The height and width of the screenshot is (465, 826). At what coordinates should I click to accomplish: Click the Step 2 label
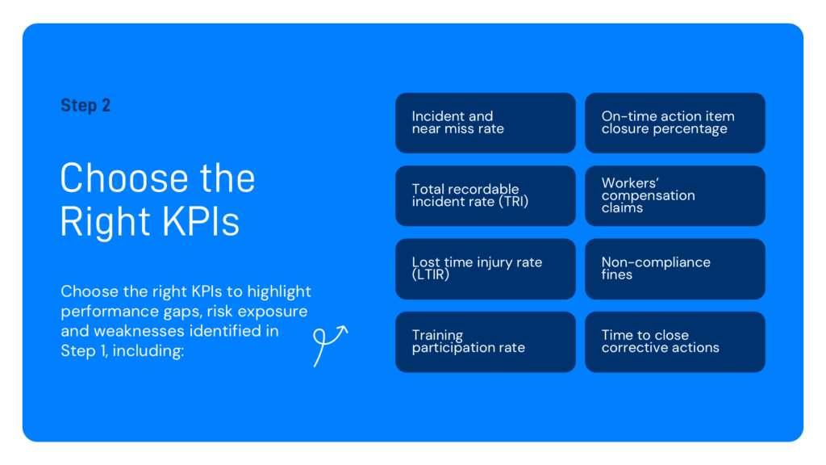point(86,106)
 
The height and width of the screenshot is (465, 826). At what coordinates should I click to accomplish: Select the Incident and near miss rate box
point(485,123)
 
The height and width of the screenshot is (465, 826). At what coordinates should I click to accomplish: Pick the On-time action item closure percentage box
point(674,123)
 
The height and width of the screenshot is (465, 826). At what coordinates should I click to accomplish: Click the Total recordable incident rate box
point(485,195)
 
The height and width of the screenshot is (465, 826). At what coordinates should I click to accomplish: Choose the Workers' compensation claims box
point(674,195)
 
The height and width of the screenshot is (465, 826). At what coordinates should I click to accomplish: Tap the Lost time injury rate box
point(485,269)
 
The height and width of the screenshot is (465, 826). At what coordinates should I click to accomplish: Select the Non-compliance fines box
point(674,269)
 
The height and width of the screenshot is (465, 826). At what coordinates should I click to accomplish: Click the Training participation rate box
point(485,341)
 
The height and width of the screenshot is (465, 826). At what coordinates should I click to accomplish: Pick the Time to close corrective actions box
point(674,341)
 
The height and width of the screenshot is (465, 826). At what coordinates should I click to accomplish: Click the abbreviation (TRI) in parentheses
point(513,202)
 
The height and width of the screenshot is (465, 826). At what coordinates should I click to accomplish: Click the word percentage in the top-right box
point(690,129)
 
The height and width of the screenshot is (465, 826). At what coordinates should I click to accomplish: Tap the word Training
point(437,335)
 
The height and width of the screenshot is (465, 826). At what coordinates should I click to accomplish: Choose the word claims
point(622,208)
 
